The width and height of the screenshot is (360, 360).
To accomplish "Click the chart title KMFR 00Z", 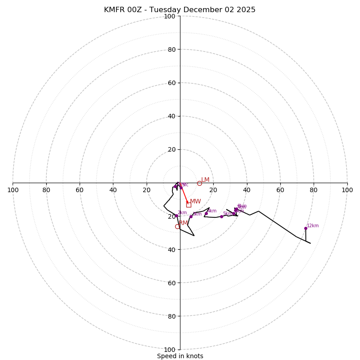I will tap(180, 10).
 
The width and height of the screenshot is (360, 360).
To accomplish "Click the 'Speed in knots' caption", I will tap(180, 356).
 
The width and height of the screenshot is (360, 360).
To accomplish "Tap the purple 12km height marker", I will tap(306, 228).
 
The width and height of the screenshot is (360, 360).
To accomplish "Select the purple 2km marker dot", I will tap(176, 216).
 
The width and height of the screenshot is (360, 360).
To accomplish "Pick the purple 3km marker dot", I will tap(191, 216).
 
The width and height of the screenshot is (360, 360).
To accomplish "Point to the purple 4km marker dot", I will tap(206, 214).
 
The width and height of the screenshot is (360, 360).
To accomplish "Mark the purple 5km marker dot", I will tap(221, 216).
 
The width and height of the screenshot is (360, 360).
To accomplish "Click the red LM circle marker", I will tap(199, 183).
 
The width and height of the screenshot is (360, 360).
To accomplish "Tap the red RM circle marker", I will tap(177, 226).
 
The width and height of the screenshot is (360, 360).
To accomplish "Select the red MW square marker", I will tap(189, 205).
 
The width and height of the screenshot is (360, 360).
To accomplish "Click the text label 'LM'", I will tap(205, 180).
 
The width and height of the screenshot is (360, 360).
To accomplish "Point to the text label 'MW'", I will tap(195, 201).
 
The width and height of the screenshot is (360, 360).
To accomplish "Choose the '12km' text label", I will tap(313, 225).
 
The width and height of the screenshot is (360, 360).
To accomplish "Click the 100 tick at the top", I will tap(170, 16).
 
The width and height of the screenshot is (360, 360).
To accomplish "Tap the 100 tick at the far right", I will tap(347, 190).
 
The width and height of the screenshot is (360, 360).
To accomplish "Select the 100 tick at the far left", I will tap(13, 190).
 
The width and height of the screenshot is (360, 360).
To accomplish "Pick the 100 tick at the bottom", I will tap(170, 349).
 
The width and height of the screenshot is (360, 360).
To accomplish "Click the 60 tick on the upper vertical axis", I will tap(171, 83).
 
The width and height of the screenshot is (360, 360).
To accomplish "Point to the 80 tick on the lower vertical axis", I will tap(171, 316).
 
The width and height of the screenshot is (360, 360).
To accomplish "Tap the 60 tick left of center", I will tap(80, 190).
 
